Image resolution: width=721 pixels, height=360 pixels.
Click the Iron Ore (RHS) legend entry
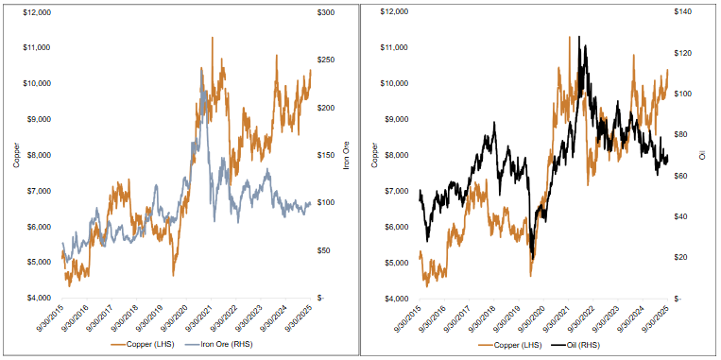tap(228, 347)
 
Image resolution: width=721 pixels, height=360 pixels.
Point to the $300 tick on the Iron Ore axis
tap(327, 12)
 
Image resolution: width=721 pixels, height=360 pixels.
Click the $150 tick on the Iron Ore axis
tap(327, 155)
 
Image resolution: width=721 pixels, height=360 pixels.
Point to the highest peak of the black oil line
tap(586, 41)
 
